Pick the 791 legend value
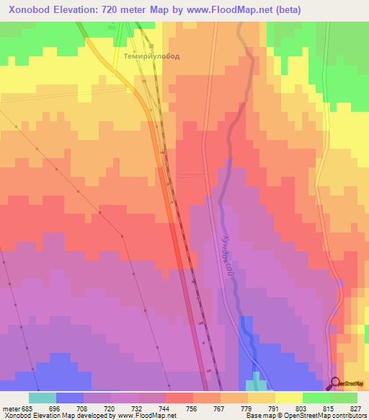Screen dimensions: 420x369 click(275, 408)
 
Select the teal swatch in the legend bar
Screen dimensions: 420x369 click(43, 398)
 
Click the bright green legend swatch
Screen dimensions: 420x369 click(316, 398)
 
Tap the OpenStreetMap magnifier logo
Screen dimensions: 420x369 click(335, 383)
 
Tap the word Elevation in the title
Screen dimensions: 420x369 click(83, 10)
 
